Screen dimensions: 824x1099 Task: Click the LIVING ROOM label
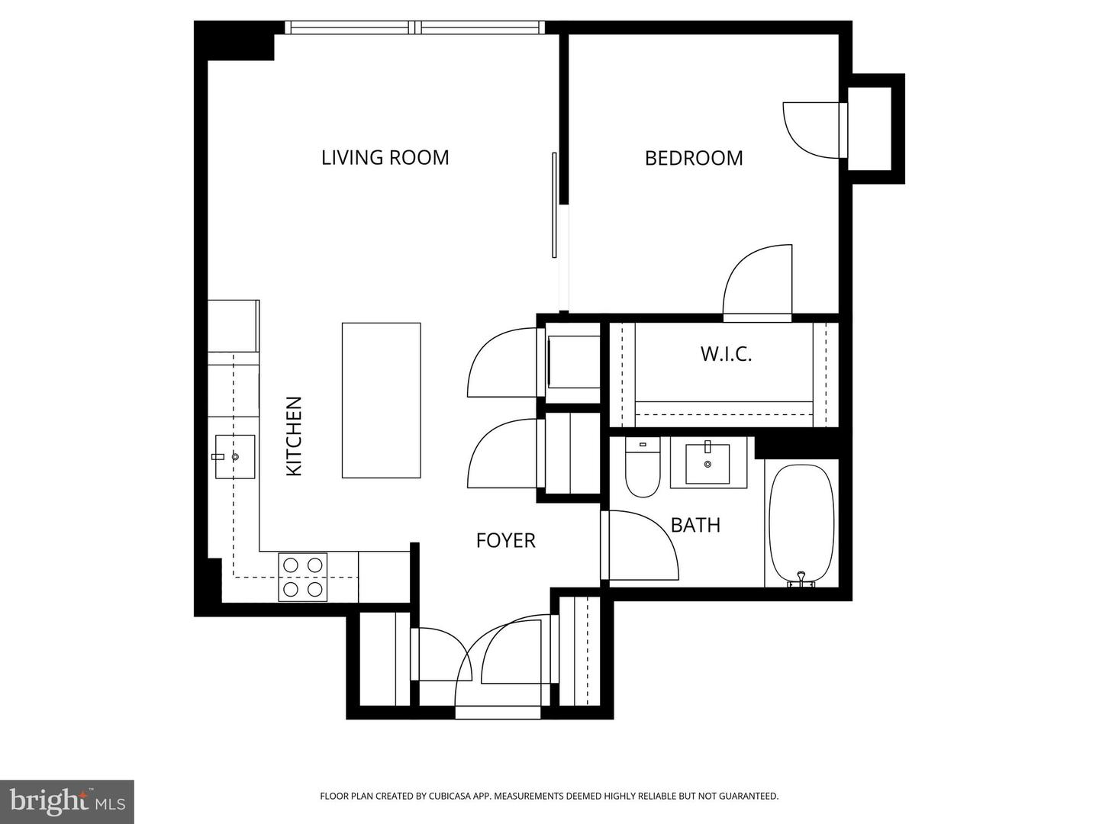coord(385,157)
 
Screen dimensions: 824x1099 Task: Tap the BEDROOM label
coord(693,158)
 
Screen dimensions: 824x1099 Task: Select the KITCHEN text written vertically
coord(294,436)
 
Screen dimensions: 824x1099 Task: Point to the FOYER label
coord(505,540)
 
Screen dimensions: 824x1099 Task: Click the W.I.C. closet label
coord(726,354)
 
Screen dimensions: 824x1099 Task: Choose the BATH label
coord(695,525)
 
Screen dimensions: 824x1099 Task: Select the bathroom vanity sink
coord(707,463)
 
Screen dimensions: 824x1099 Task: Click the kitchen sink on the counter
coord(234,456)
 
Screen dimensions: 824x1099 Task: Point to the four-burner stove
coord(302,577)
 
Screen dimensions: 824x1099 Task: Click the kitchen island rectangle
coord(381,400)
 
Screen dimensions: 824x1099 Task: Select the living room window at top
coord(415,28)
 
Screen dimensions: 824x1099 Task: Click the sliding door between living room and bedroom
coord(555,204)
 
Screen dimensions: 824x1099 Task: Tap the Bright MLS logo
coord(67,801)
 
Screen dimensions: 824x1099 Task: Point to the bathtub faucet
coord(801,578)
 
